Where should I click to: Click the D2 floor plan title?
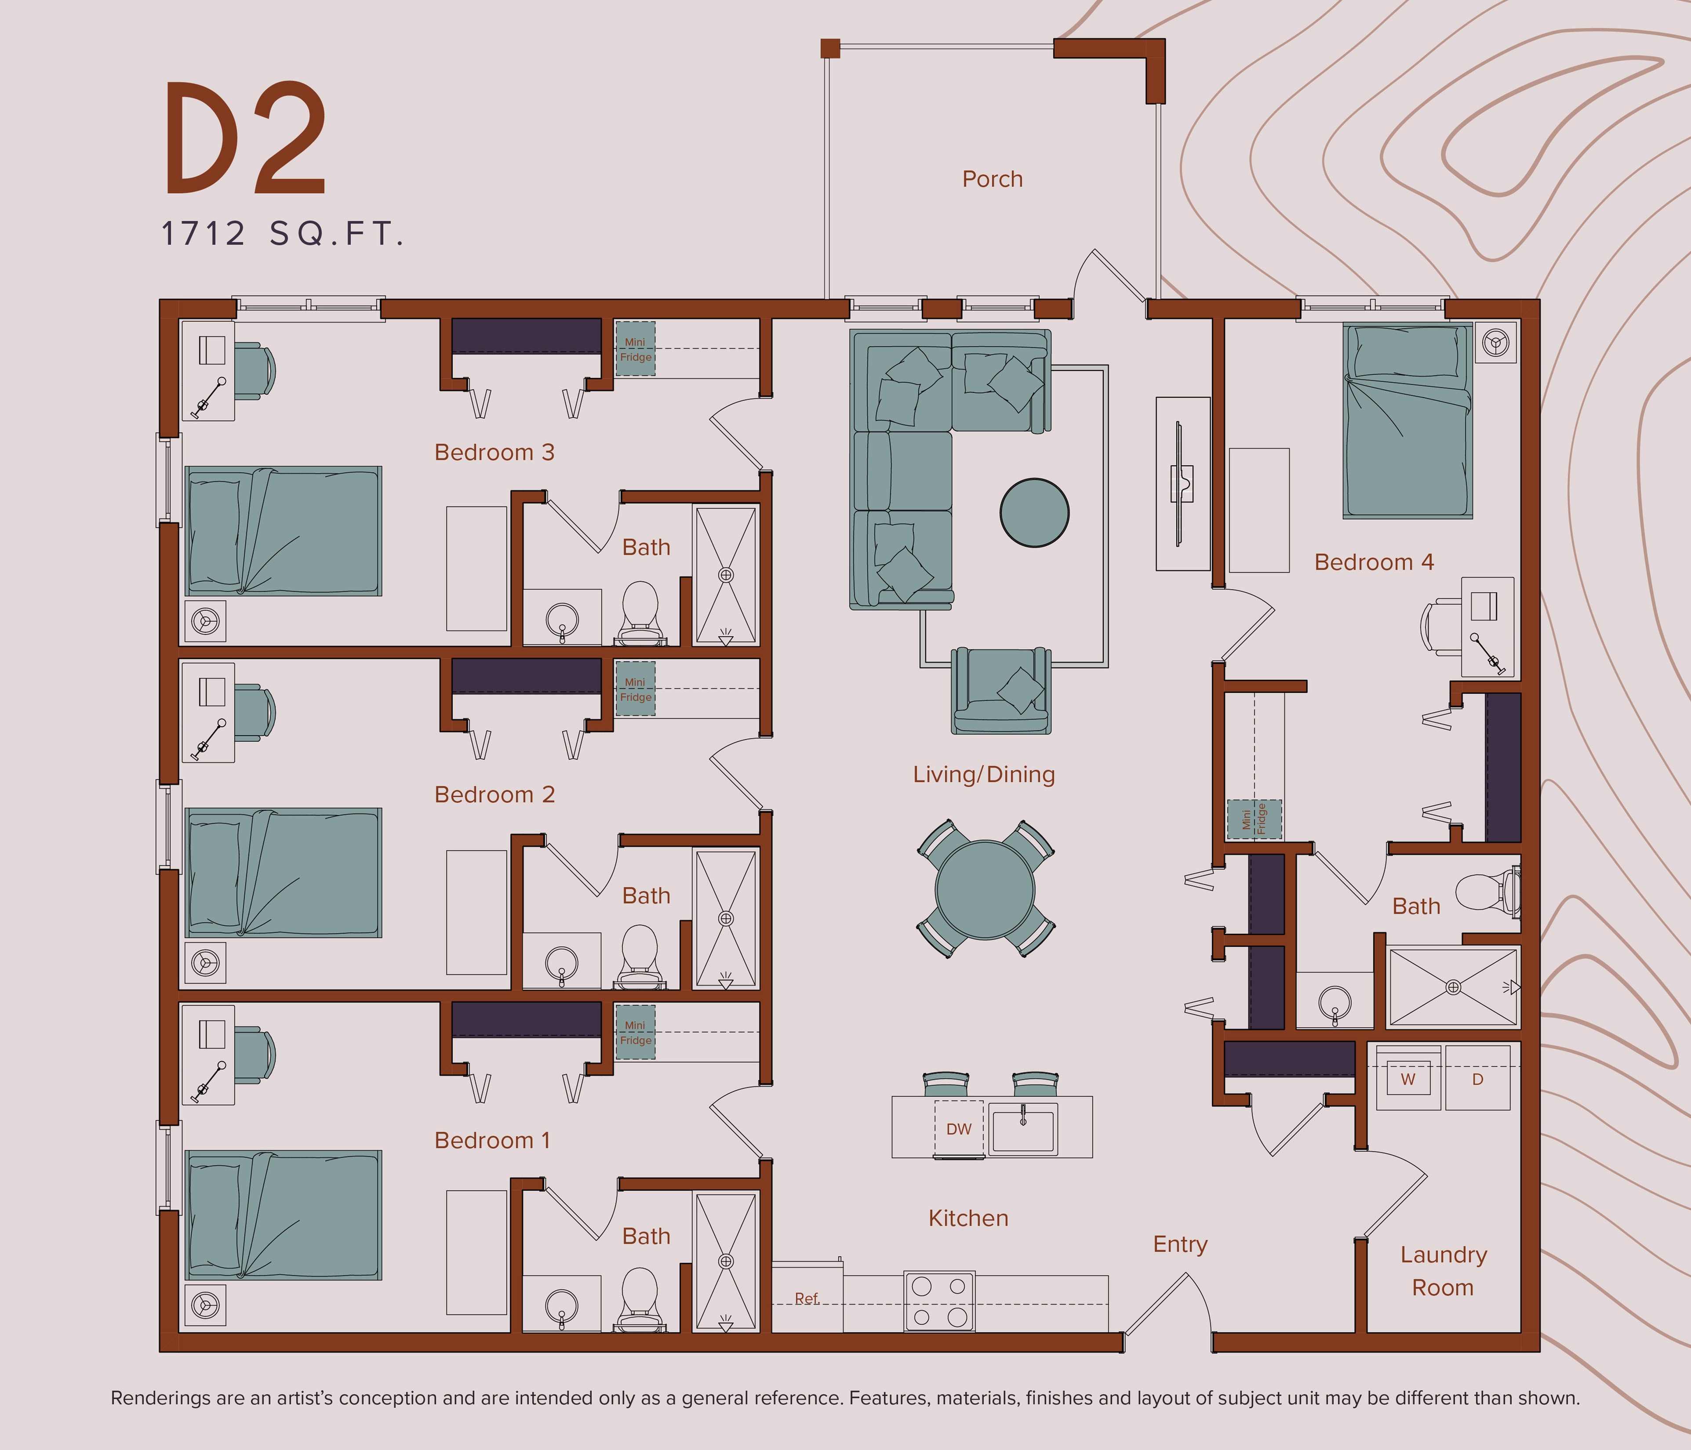pyautogui.click(x=245, y=139)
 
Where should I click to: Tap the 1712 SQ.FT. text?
pyautogui.click(x=282, y=234)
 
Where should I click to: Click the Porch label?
pyautogui.click(x=992, y=179)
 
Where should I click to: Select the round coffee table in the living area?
pyautogui.click(x=1034, y=512)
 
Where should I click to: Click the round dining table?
pyautogui.click(x=985, y=889)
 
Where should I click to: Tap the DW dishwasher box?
pyautogui.click(x=958, y=1129)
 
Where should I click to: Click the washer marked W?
pyautogui.click(x=1408, y=1079)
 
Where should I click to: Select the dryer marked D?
pyautogui.click(x=1477, y=1079)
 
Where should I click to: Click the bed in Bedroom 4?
pyautogui.click(x=1407, y=420)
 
